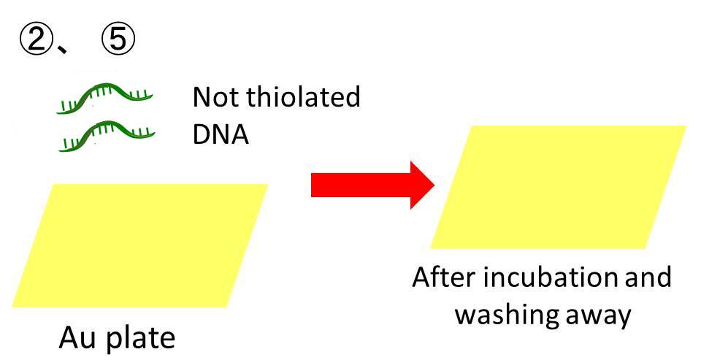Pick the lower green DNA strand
pyautogui.click(x=107, y=136)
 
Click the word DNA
pyautogui.click(x=221, y=134)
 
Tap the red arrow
pyautogui.click(x=373, y=185)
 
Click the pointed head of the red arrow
pyautogui.click(x=434, y=185)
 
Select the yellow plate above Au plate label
pyautogui.click(x=139, y=245)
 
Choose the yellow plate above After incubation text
pyautogui.click(x=558, y=187)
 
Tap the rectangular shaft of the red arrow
pyautogui.click(x=361, y=185)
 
